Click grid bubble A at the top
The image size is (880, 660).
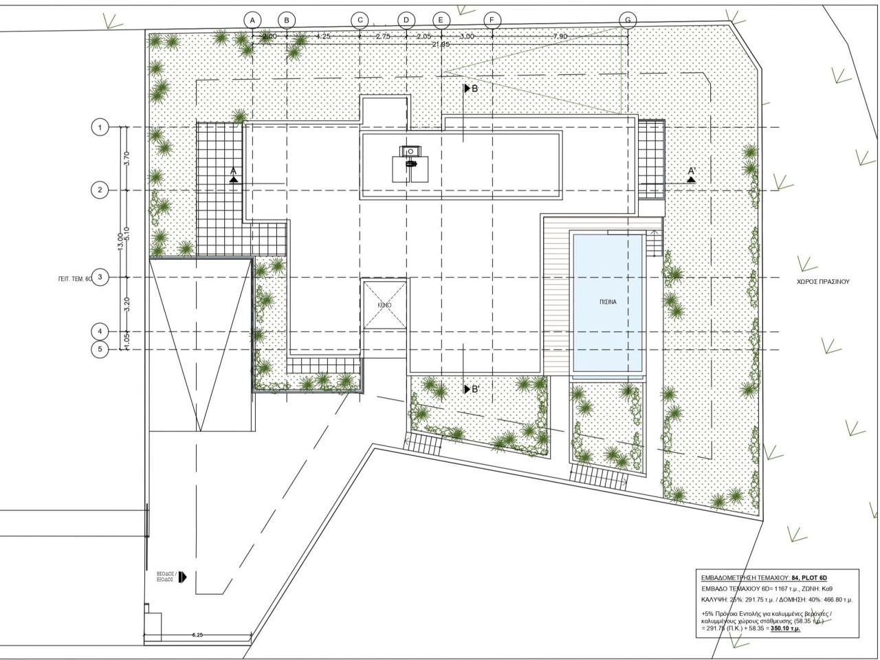(x=252, y=21)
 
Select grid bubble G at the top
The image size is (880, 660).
(x=627, y=21)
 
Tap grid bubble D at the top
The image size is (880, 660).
(x=406, y=21)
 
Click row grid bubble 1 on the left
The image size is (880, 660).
(x=100, y=127)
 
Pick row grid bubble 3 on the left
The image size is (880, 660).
(x=100, y=277)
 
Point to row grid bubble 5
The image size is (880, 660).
(x=100, y=350)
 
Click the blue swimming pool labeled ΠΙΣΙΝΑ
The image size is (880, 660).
(x=608, y=302)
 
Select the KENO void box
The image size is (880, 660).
(x=384, y=304)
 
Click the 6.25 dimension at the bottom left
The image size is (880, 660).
(x=197, y=635)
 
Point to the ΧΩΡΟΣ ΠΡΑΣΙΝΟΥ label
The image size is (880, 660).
(x=823, y=281)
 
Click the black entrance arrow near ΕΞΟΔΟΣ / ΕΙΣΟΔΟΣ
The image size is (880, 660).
(x=182, y=577)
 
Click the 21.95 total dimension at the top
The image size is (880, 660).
(x=440, y=44)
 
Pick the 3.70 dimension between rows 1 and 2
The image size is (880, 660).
(x=126, y=159)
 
